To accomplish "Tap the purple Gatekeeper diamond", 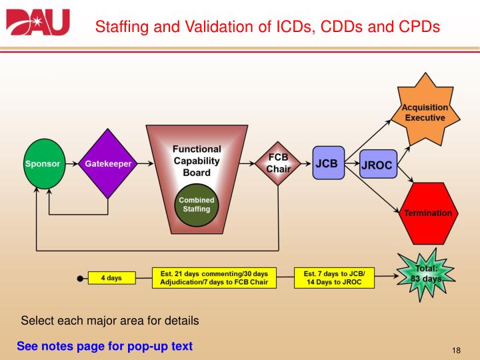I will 108,164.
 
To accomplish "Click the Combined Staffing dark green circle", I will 197,204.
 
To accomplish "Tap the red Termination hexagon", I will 427,213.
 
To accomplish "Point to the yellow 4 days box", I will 111,278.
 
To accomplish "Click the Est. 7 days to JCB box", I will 335,278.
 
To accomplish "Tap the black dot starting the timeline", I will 80,278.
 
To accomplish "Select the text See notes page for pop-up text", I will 105,346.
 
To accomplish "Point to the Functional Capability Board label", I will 197,161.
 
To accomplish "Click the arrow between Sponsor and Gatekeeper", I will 72,164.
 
